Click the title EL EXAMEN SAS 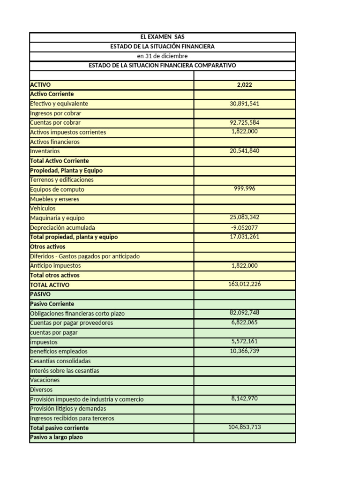coord(162,37)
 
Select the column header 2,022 coord(244,85)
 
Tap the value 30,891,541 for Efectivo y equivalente coord(244,104)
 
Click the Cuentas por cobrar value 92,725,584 coord(244,122)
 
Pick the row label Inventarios coord(45,151)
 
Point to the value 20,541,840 coord(244,150)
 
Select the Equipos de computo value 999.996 coord(244,188)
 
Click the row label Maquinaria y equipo coord(57,218)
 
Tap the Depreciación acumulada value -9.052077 coord(244,227)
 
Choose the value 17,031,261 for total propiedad coord(244,236)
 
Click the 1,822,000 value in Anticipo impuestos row coord(244,265)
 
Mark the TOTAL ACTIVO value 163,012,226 coord(244,284)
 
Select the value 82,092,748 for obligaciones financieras coord(244,313)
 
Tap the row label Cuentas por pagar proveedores coord(71,323)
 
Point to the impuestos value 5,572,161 coord(244,342)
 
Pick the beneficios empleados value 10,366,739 coord(244,351)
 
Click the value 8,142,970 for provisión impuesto coord(244,398)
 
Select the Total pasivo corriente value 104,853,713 coord(244,427)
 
